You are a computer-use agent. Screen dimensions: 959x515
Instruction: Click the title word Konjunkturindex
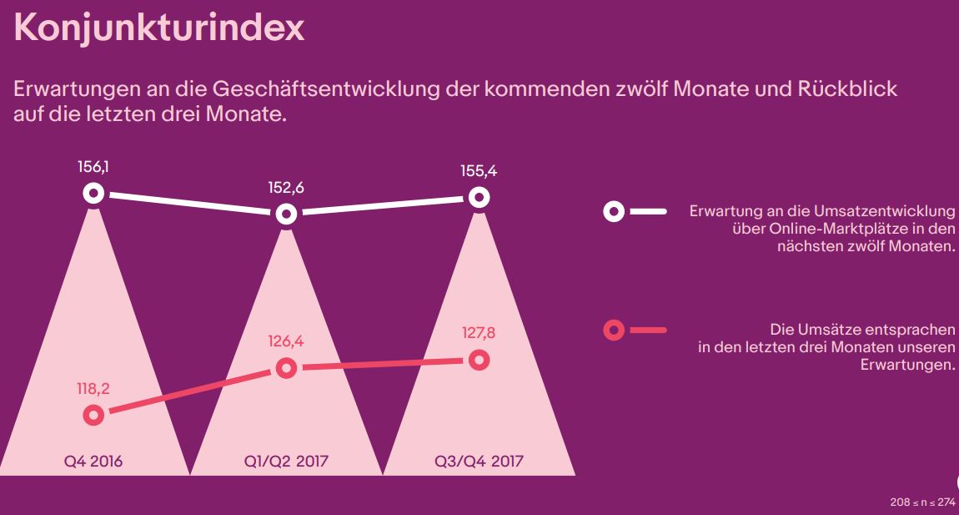tap(159, 28)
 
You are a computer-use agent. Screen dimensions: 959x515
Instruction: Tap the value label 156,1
tap(93, 167)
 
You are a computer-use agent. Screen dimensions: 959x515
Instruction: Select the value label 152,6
tap(286, 187)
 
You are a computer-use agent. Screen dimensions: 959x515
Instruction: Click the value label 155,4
tap(479, 171)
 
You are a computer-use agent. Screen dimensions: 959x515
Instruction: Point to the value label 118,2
tap(93, 389)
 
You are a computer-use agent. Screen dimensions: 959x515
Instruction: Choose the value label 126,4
tap(286, 341)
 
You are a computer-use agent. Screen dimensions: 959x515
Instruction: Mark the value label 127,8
tap(479, 333)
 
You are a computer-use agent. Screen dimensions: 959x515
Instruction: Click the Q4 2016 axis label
tap(93, 461)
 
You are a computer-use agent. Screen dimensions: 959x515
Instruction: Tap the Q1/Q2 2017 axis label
tap(286, 461)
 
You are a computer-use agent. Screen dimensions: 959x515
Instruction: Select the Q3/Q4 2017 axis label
tap(479, 461)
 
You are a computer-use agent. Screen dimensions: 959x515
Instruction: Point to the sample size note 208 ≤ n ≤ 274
tap(922, 502)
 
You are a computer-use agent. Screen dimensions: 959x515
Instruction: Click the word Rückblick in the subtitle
tap(847, 88)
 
